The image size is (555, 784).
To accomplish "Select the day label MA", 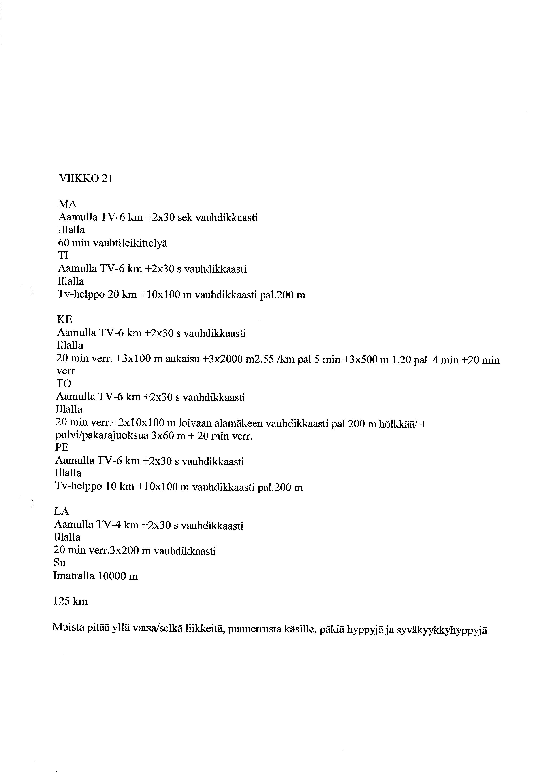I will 67,204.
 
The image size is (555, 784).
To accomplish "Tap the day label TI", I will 63,256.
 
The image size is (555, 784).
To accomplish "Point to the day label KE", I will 65,320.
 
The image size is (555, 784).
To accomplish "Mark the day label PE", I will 62,447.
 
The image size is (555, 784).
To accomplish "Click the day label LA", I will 62,511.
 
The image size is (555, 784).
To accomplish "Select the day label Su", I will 60,562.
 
